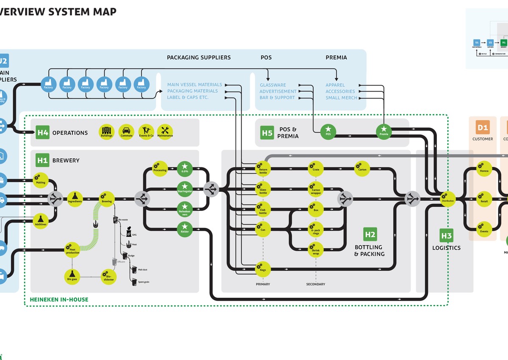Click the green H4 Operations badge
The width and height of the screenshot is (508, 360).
42,133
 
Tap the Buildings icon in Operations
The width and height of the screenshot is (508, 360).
106,131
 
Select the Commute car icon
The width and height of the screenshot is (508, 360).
126,131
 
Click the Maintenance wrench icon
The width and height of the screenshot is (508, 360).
165,131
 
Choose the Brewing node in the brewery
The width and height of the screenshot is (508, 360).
107,198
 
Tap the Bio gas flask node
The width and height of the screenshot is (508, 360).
72,275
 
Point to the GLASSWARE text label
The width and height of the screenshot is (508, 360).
273,85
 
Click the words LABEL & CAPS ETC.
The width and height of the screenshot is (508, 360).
188,97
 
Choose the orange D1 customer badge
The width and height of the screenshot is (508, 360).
483,127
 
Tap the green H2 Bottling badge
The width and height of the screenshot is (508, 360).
370,234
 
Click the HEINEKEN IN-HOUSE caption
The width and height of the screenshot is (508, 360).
59,299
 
